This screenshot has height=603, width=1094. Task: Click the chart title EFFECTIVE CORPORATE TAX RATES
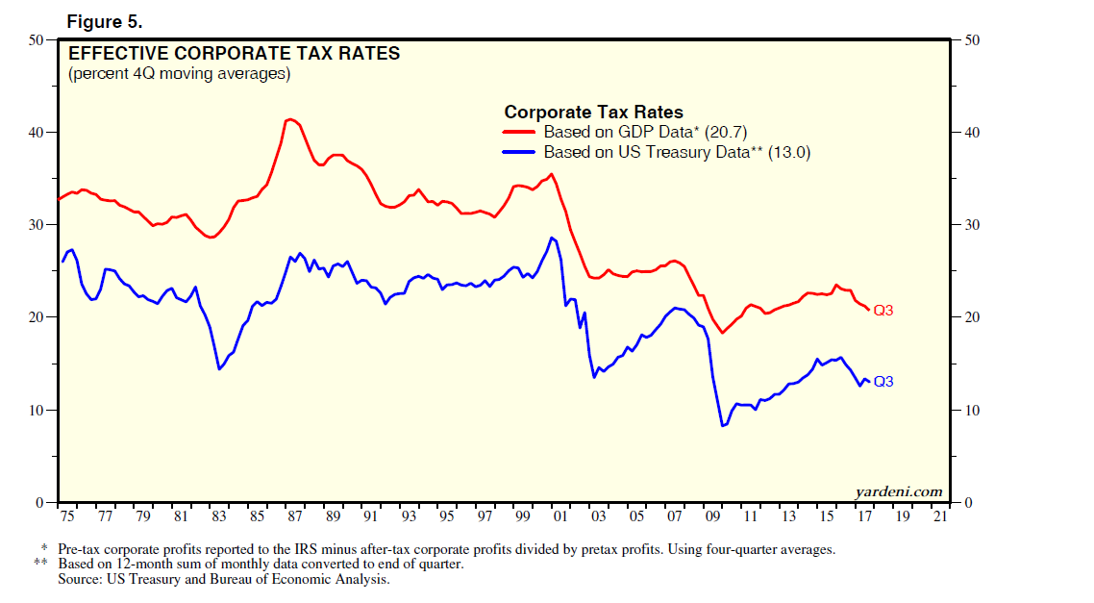[x=234, y=54]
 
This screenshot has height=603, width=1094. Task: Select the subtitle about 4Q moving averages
[x=179, y=74]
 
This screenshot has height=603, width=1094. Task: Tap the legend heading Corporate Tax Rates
[x=593, y=113]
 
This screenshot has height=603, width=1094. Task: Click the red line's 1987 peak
[x=289, y=119]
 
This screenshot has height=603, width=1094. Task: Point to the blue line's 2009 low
[x=723, y=426]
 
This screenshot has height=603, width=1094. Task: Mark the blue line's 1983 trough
[x=219, y=369]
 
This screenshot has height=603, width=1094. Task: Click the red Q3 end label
[x=883, y=311]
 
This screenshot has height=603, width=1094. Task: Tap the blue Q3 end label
[x=883, y=382]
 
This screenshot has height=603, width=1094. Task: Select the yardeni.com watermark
[x=899, y=491]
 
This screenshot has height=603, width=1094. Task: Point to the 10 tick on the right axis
[x=971, y=410]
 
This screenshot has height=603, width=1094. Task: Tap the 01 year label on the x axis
[x=560, y=516]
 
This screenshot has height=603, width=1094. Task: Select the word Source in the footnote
[x=80, y=579]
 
